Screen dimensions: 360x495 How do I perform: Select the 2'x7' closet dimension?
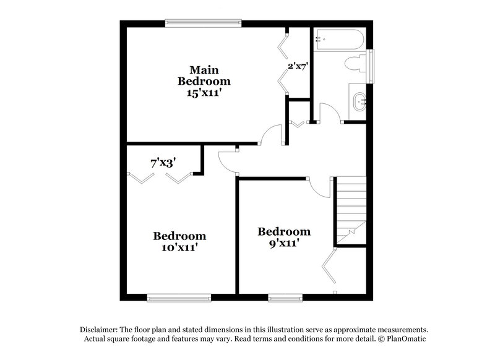(x=298, y=65)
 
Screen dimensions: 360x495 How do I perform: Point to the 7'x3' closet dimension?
(x=164, y=163)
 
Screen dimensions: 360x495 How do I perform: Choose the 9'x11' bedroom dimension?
(x=283, y=243)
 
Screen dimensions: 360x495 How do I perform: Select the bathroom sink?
(x=359, y=100)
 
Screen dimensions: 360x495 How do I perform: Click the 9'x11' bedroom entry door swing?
(x=319, y=187)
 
